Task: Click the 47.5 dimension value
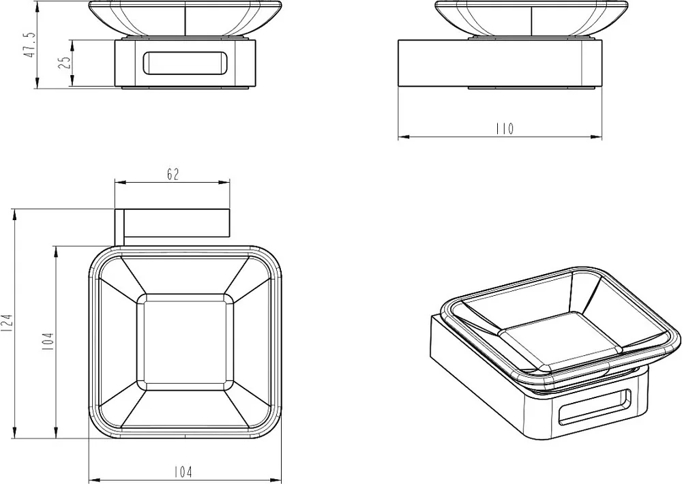[30, 44]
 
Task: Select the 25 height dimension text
[64, 62]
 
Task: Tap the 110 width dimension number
[505, 129]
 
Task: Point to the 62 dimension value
[173, 175]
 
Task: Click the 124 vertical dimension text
[8, 324]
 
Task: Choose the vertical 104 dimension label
[48, 342]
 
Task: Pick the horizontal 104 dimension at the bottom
[183, 472]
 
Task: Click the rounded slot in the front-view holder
[185, 63]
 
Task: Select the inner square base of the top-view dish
[186, 342]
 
